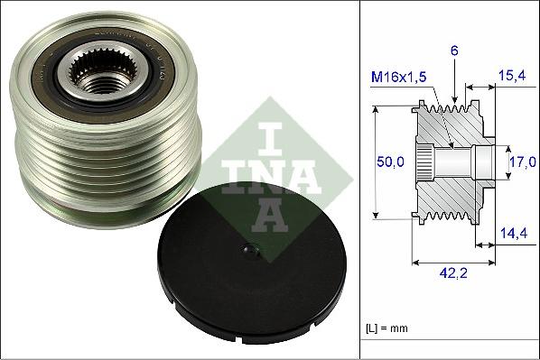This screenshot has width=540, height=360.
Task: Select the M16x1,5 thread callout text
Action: click(x=398, y=78)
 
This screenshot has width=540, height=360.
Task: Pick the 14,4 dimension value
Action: click(x=513, y=233)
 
